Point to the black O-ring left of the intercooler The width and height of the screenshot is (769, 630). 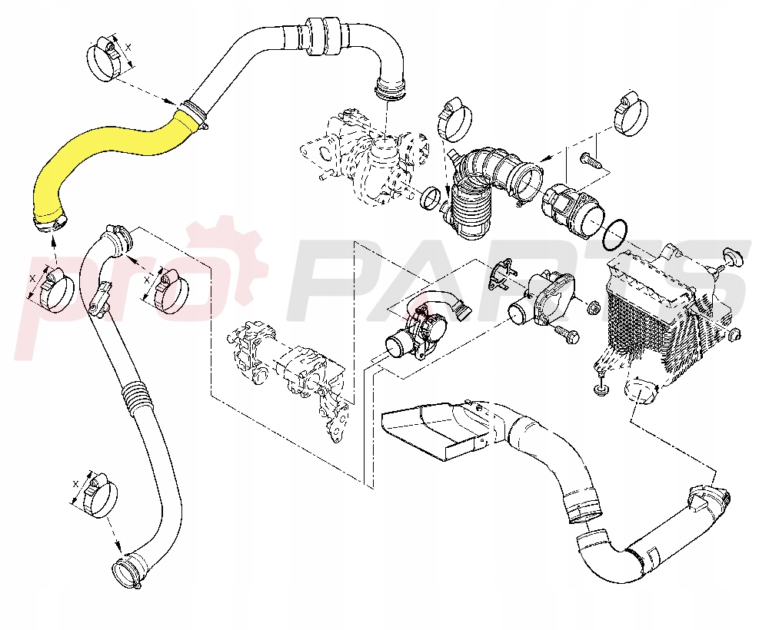point(617,233)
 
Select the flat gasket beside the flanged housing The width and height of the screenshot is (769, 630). point(500,275)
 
